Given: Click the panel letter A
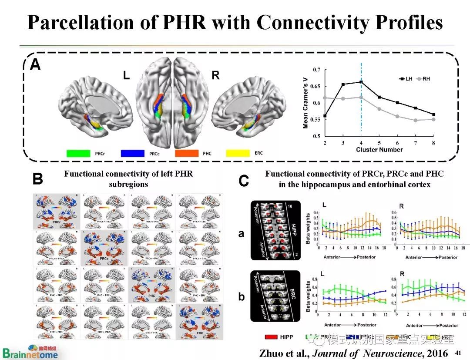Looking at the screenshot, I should coord(36,65).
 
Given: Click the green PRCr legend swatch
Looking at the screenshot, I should coord(78,153).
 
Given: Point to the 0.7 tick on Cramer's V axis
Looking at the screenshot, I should coord(316,70).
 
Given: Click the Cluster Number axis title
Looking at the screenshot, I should coord(379,150).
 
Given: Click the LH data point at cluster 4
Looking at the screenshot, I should coord(361,82).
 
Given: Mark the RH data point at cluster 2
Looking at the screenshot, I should coord(325,98).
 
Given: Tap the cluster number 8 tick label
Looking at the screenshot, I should coord(433,143).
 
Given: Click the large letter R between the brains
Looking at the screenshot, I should coord(215,74).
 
